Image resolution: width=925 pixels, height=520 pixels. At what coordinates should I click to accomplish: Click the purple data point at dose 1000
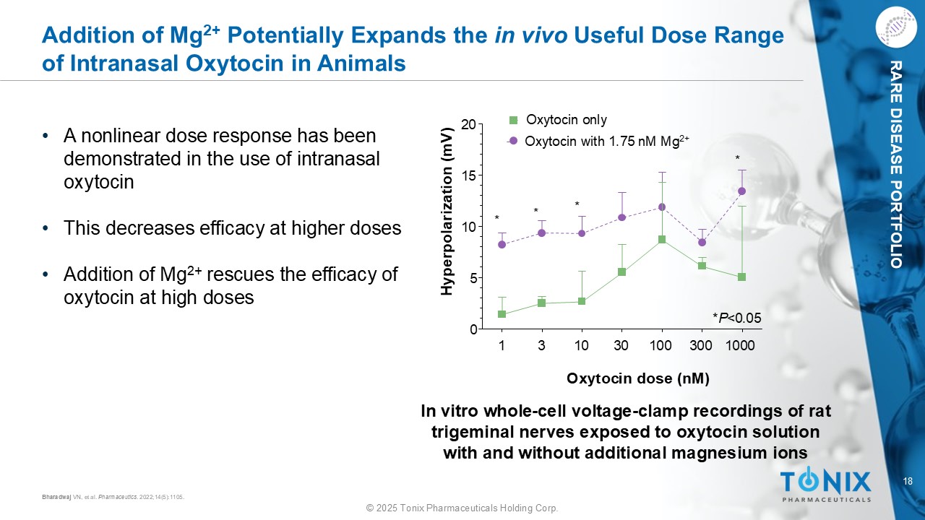pyautogui.click(x=741, y=191)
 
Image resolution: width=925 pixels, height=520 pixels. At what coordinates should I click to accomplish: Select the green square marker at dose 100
pyautogui.click(x=661, y=239)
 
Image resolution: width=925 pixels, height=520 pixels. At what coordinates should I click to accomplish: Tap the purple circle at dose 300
pyautogui.click(x=702, y=242)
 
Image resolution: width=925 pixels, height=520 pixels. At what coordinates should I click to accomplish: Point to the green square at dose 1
pyautogui.click(x=502, y=314)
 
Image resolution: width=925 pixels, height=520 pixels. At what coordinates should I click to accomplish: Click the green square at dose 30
pyautogui.click(x=621, y=272)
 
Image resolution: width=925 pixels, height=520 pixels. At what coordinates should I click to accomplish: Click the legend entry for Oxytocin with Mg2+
pyautogui.click(x=599, y=142)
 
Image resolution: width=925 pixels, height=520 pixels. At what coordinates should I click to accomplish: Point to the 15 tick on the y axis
pyautogui.click(x=468, y=175)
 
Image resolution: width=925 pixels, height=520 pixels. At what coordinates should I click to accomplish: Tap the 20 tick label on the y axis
pyautogui.click(x=468, y=124)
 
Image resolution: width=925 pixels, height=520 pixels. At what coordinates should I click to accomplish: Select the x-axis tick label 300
pyautogui.click(x=701, y=345)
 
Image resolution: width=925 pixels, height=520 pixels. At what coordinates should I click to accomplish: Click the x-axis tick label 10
pyautogui.click(x=581, y=345)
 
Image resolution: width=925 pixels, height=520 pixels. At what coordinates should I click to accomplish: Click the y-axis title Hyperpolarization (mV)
pyautogui.click(x=447, y=211)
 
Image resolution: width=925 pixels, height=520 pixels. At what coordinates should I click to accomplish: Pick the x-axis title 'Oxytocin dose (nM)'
pyautogui.click(x=637, y=378)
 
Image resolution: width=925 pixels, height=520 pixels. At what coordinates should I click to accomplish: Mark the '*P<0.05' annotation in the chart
pyautogui.click(x=736, y=317)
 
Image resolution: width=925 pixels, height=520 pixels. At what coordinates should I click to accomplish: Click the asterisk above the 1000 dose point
pyautogui.click(x=738, y=158)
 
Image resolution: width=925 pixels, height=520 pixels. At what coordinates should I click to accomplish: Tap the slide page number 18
pyautogui.click(x=908, y=482)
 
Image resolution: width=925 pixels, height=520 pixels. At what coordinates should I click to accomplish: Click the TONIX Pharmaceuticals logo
pyautogui.click(x=826, y=485)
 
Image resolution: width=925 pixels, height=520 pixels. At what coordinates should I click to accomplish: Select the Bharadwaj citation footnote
pyautogui.click(x=113, y=496)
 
